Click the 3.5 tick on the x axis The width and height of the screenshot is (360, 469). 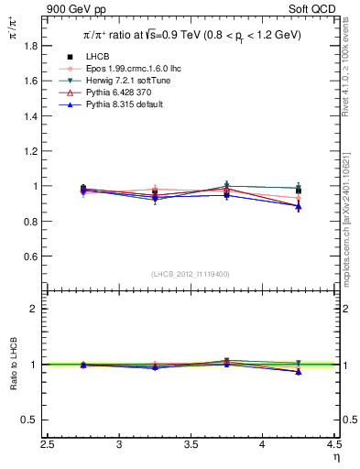point(191,445)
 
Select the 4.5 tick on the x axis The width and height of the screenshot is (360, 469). point(333,445)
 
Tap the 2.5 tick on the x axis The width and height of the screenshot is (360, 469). point(49,445)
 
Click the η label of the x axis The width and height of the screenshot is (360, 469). point(334,458)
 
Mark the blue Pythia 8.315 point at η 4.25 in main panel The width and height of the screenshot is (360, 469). point(298,206)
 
